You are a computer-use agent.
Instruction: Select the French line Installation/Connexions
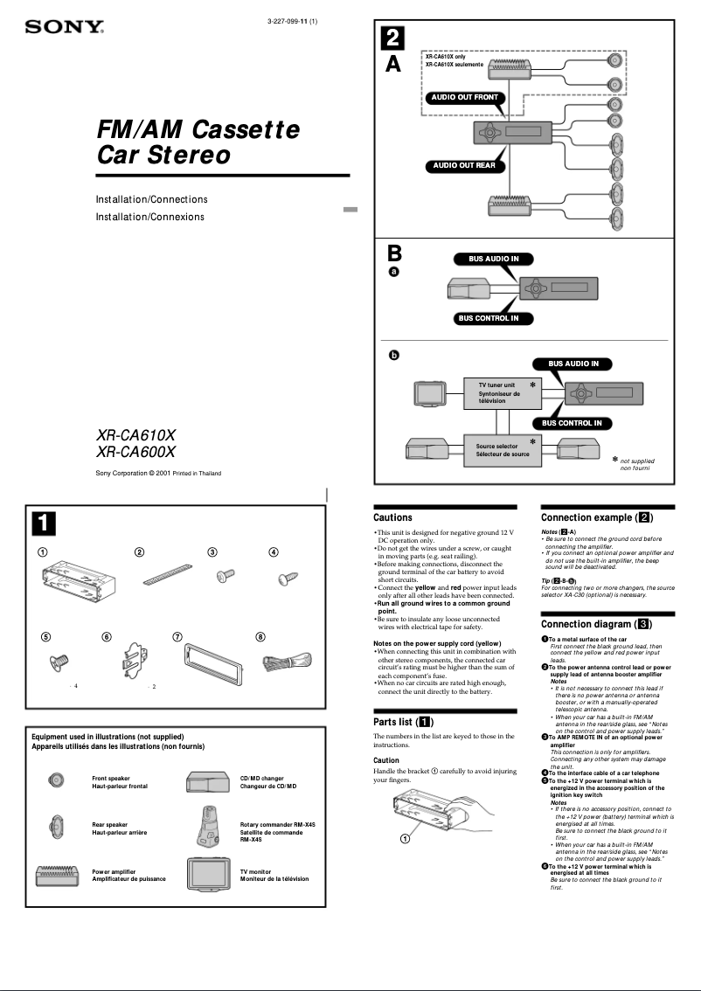pyautogui.click(x=149, y=217)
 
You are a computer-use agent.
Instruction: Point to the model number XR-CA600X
pyautogui.click(x=135, y=453)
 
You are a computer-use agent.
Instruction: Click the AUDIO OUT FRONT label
pyautogui.click(x=464, y=98)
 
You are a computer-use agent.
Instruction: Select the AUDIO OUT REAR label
pyautogui.click(x=464, y=165)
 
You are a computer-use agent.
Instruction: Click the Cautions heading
pyautogui.click(x=392, y=518)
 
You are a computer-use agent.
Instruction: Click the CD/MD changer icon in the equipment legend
pyautogui.click(x=207, y=780)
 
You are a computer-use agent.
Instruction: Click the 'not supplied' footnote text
pyautogui.click(x=637, y=461)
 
